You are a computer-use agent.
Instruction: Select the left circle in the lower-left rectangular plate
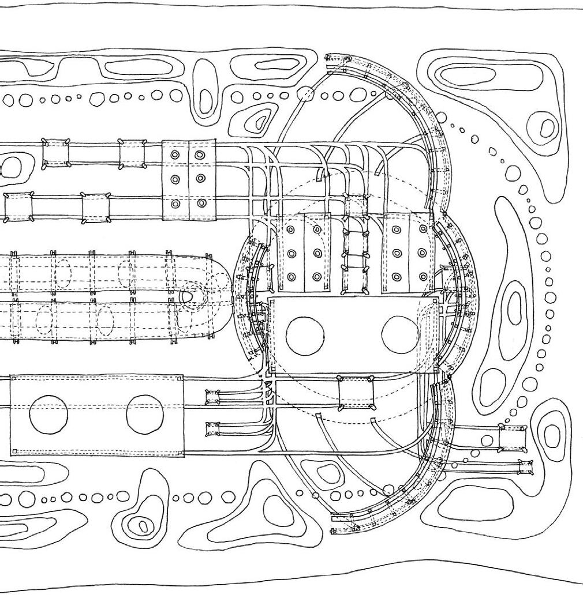pyautogui.click(x=48, y=415)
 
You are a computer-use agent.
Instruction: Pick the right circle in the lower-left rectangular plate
pyautogui.click(x=145, y=415)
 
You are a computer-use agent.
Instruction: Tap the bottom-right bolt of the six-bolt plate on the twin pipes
pyautogui.click(x=201, y=203)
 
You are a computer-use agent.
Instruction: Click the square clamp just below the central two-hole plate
pyautogui.click(x=356, y=393)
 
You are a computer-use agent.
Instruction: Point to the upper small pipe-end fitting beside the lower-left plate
pyautogui.click(x=213, y=397)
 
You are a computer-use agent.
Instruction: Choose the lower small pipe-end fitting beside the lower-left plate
pyautogui.click(x=213, y=429)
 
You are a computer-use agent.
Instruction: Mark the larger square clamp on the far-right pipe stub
pyautogui.click(x=512, y=438)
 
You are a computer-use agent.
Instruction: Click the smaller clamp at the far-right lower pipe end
pyautogui.click(x=525, y=467)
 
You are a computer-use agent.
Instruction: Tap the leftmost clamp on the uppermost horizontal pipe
pyautogui.click(x=56, y=153)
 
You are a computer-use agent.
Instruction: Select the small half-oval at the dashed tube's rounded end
pyautogui.click(x=186, y=296)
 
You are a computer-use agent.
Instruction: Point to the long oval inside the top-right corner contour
pyautogui.click(x=459, y=75)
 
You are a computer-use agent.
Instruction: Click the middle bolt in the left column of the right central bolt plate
pyautogui.click(x=396, y=253)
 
